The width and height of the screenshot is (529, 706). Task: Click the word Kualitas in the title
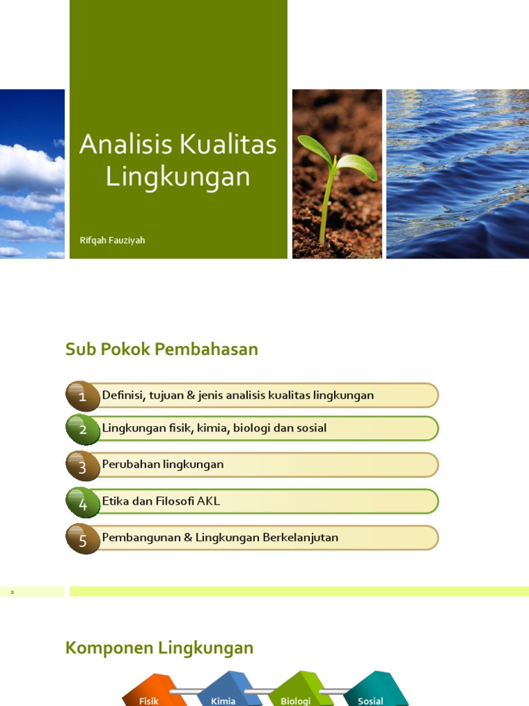(228, 144)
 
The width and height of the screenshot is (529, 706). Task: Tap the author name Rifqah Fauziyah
(112, 241)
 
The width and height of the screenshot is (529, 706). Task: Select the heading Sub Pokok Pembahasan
(162, 349)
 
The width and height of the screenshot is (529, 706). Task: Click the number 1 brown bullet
(83, 396)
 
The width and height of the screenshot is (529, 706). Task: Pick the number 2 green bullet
(83, 430)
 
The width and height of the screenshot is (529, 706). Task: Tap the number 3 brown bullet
(83, 466)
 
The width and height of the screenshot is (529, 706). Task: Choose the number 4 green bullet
(83, 503)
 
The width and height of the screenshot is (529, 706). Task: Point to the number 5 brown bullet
(83, 539)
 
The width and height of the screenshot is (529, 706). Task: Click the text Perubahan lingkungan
(163, 464)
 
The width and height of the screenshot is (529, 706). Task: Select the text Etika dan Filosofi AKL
(161, 501)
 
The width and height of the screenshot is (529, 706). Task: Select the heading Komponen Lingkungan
(159, 648)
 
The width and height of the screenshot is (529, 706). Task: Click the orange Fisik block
(153, 689)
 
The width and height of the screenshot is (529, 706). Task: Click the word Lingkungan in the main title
(178, 177)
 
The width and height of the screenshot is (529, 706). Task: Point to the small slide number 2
(12, 592)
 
